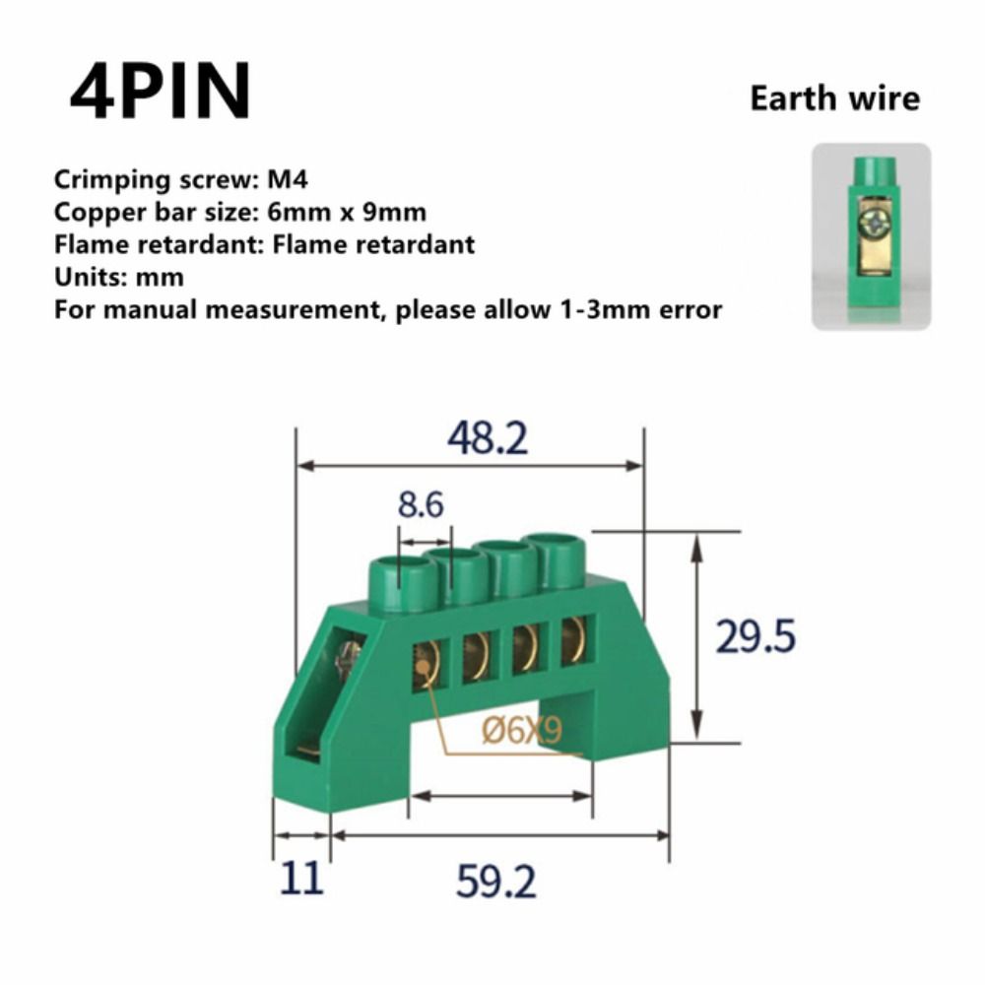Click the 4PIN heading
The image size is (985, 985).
click(x=161, y=92)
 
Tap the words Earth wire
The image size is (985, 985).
click(x=834, y=98)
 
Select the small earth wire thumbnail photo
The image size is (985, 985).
click(x=870, y=236)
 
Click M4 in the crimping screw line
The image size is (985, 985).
click(x=288, y=180)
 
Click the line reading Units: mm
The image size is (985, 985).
click(x=119, y=277)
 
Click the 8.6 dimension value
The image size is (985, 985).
click(x=421, y=505)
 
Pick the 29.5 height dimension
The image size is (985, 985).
click(x=755, y=637)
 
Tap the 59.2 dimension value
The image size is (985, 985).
click(x=495, y=882)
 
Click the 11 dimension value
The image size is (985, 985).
click(x=300, y=880)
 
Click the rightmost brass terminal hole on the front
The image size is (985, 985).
click(x=573, y=638)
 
